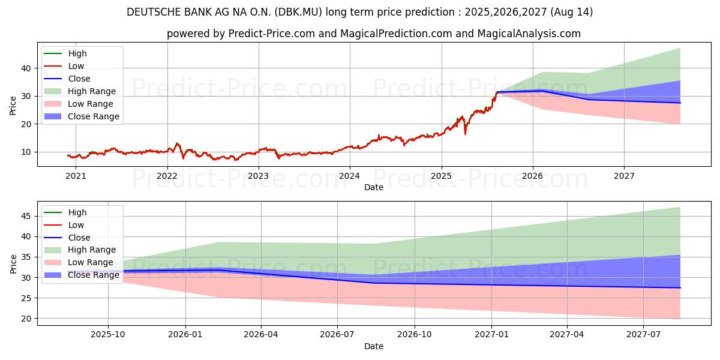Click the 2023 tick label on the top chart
[259, 176]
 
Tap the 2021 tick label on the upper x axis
[76, 176]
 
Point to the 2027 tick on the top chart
[624, 176]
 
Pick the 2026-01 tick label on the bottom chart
[185, 335]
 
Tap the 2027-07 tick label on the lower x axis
[643, 335]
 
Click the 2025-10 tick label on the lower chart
[109, 335]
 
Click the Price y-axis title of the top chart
[13, 106]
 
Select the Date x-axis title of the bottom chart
[373, 346]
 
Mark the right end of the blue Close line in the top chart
[680, 103]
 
